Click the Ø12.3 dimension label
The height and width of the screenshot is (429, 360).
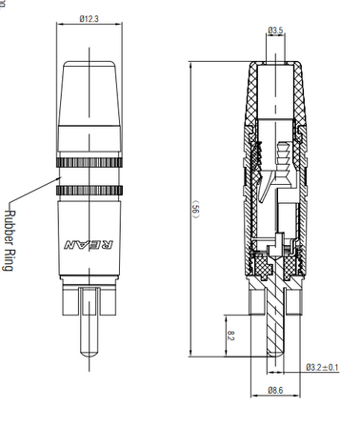pos(90,19)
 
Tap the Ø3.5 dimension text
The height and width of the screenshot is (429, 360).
pos(275,31)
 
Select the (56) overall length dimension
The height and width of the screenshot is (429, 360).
pos(196,209)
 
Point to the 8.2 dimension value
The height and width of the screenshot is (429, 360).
pos(231,336)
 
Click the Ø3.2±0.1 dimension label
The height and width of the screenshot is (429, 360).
pos(322,367)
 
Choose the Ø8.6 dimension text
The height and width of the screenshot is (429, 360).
pos(275,390)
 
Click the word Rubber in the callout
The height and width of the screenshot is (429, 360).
pos(10,227)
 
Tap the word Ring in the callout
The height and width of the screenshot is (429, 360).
pos(9,260)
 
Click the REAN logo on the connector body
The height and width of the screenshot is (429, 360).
pos(89,245)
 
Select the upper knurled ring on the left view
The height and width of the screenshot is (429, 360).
pos(90,162)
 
